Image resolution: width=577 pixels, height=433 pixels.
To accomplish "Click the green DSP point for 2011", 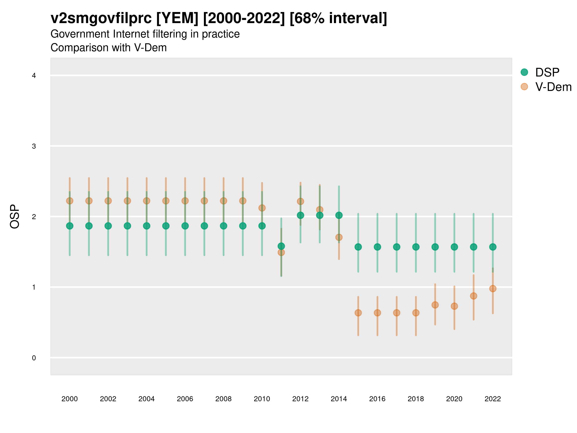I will tap(281, 246).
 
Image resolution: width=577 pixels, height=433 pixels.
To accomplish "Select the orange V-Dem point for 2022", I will tap(493, 289).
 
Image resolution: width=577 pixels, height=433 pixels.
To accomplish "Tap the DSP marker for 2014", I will tap(339, 215).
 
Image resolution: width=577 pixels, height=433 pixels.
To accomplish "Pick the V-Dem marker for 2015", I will tap(358, 313).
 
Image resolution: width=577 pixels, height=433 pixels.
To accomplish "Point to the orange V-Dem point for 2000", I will tap(70, 201).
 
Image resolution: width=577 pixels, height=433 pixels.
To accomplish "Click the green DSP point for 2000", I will tap(70, 226).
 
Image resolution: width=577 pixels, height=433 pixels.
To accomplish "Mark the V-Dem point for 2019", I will tap(435, 305).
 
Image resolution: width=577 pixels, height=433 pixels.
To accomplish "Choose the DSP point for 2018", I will tap(416, 247).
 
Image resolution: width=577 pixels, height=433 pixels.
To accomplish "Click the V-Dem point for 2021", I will tap(473, 296).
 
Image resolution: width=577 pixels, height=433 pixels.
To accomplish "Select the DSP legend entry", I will tap(547, 72).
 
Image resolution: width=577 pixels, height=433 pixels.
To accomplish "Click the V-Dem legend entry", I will tap(553, 87).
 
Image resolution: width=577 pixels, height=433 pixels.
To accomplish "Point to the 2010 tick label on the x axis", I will tap(262, 399).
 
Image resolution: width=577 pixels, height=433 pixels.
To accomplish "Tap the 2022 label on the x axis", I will tap(493, 399).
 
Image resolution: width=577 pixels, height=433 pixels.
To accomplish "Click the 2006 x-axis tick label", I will tap(185, 399).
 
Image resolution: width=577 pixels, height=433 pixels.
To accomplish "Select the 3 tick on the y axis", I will tap(34, 146).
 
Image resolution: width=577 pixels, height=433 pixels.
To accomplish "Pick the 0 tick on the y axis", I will tap(34, 358).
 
